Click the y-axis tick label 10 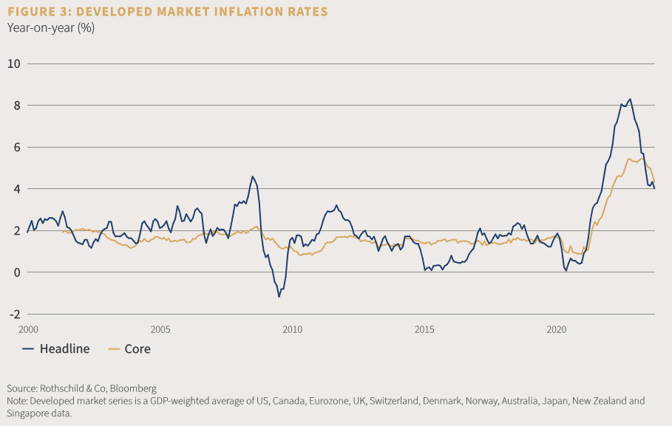coord(13,63)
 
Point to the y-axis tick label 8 coord(16,106)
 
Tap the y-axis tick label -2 coord(14,315)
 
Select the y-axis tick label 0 coord(16,272)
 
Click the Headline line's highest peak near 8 coord(630,99)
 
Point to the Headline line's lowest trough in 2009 coord(279,297)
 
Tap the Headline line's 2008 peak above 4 coord(252,176)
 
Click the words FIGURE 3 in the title coord(36,12)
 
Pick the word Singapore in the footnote coord(29,413)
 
